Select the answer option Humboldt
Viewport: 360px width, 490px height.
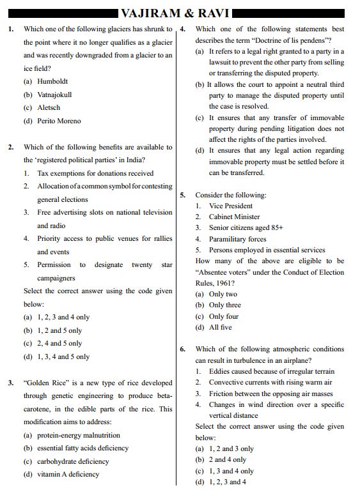52,82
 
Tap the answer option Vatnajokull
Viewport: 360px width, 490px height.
56,95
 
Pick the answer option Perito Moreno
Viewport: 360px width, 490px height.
59,121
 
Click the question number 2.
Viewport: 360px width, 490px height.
11,147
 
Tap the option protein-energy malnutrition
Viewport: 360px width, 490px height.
78,435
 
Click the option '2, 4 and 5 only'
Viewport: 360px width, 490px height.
59,343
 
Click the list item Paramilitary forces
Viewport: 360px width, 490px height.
237,239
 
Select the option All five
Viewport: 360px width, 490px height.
220,327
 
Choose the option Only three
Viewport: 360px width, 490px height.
224,305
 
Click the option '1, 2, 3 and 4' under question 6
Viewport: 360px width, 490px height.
227,482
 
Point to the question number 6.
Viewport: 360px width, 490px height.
182,349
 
